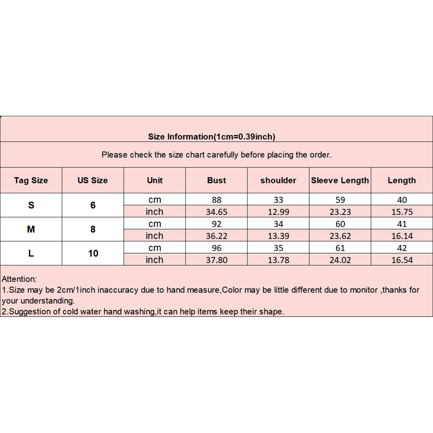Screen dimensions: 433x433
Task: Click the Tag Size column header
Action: pos(31,180)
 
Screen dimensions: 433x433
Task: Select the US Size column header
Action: pos(93,180)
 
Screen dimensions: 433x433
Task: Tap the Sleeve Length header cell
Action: pos(340,180)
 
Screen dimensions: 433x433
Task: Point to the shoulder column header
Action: pos(278,180)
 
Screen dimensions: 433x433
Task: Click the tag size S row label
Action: pos(31,205)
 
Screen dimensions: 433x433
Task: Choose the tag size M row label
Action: pos(31,229)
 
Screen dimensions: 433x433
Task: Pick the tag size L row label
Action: pos(31,253)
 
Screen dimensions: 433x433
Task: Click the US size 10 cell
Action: pos(93,253)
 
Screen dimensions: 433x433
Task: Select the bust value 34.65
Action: pos(216,212)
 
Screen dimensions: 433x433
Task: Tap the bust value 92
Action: pos(216,224)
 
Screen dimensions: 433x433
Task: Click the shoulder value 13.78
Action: pos(278,260)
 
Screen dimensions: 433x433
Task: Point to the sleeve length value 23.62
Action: pos(340,236)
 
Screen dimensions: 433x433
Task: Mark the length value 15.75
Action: pos(402,212)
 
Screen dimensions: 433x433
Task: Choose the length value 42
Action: pos(402,248)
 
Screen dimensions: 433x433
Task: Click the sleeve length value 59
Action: pos(340,200)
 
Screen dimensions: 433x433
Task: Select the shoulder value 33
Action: pos(278,200)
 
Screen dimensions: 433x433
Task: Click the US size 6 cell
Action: pos(93,205)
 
